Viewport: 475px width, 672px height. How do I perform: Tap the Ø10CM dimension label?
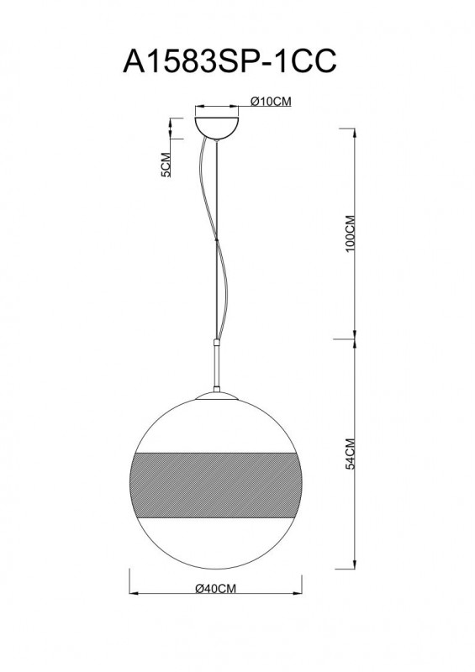271,102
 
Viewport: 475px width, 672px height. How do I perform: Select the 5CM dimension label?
166,167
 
